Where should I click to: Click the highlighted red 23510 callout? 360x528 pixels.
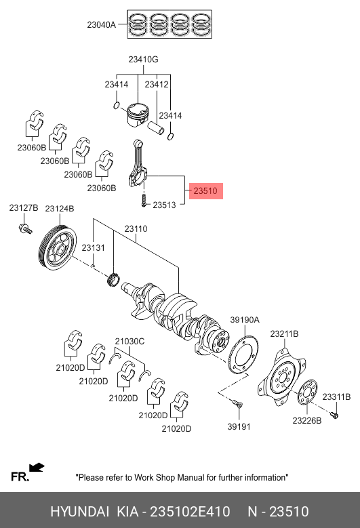coord(205,191)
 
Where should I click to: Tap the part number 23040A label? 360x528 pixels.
coord(102,24)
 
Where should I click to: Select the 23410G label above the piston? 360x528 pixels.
coord(143,60)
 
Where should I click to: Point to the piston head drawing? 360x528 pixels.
coord(138,115)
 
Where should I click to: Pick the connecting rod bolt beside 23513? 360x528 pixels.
coord(144,199)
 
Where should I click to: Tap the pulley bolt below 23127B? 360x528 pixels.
coord(25,228)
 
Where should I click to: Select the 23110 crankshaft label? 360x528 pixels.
coord(136,229)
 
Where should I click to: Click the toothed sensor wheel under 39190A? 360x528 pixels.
coord(243,355)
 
